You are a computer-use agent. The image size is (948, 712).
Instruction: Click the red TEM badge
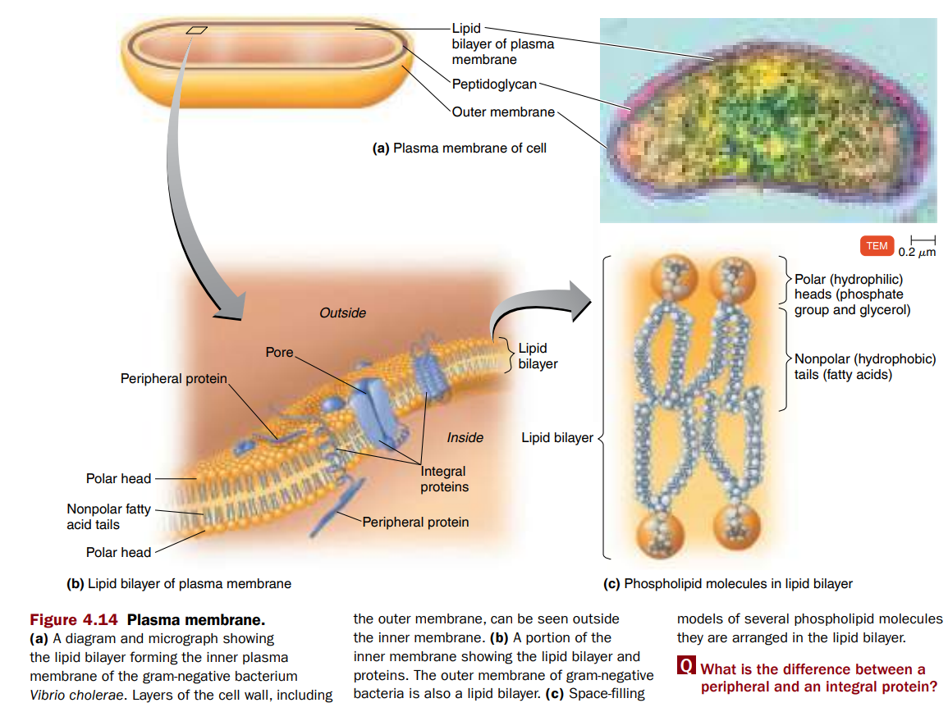click(877, 246)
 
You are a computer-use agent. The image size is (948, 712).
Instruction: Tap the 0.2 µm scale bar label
click(916, 253)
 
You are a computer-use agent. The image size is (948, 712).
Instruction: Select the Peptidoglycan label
click(494, 84)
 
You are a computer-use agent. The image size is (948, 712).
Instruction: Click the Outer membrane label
click(503, 112)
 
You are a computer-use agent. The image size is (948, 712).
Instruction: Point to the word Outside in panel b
click(342, 313)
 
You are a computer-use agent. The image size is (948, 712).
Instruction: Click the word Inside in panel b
click(465, 437)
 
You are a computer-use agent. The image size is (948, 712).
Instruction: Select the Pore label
click(279, 352)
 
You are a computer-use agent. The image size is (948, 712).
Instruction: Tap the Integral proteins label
click(444, 479)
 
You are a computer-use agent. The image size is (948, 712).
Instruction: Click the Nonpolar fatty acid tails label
click(108, 517)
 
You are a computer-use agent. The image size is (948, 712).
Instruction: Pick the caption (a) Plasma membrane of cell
click(459, 148)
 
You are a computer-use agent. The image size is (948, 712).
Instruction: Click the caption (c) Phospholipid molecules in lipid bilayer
click(727, 584)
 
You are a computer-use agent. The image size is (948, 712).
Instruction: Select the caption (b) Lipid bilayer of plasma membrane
click(178, 584)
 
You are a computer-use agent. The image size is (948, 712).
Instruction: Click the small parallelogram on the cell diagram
click(197, 30)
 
